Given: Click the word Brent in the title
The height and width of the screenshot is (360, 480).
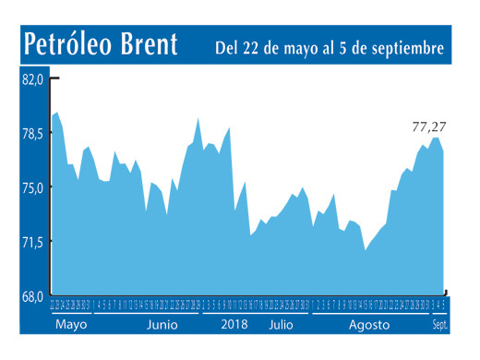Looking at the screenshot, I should [x=150, y=46].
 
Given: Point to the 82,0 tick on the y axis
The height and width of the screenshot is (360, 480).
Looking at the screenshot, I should [x=32, y=79].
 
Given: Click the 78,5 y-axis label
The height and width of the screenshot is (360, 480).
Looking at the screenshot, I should [x=32, y=134].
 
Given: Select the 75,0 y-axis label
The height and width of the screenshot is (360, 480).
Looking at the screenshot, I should [x=32, y=188].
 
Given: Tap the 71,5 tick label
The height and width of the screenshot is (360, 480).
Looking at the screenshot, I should [x=32, y=243].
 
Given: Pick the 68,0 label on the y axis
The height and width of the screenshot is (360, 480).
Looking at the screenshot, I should [x=32, y=296].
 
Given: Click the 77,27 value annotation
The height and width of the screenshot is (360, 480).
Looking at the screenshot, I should [x=428, y=126].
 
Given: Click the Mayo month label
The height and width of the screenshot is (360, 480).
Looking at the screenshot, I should [x=71, y=326].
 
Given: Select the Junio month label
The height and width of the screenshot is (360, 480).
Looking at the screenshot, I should [x=162, y=326].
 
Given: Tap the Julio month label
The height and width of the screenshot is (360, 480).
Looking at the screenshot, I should [x=282, y=326].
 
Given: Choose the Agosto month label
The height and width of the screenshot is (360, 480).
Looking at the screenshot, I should [x=368, y=326].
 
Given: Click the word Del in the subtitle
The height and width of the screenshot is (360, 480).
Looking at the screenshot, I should [x=229, y=47].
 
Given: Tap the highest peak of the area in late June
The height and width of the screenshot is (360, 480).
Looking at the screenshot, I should [x=198, y=118].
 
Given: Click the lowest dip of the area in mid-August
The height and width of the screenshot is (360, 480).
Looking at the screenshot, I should [x=366, y=250].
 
